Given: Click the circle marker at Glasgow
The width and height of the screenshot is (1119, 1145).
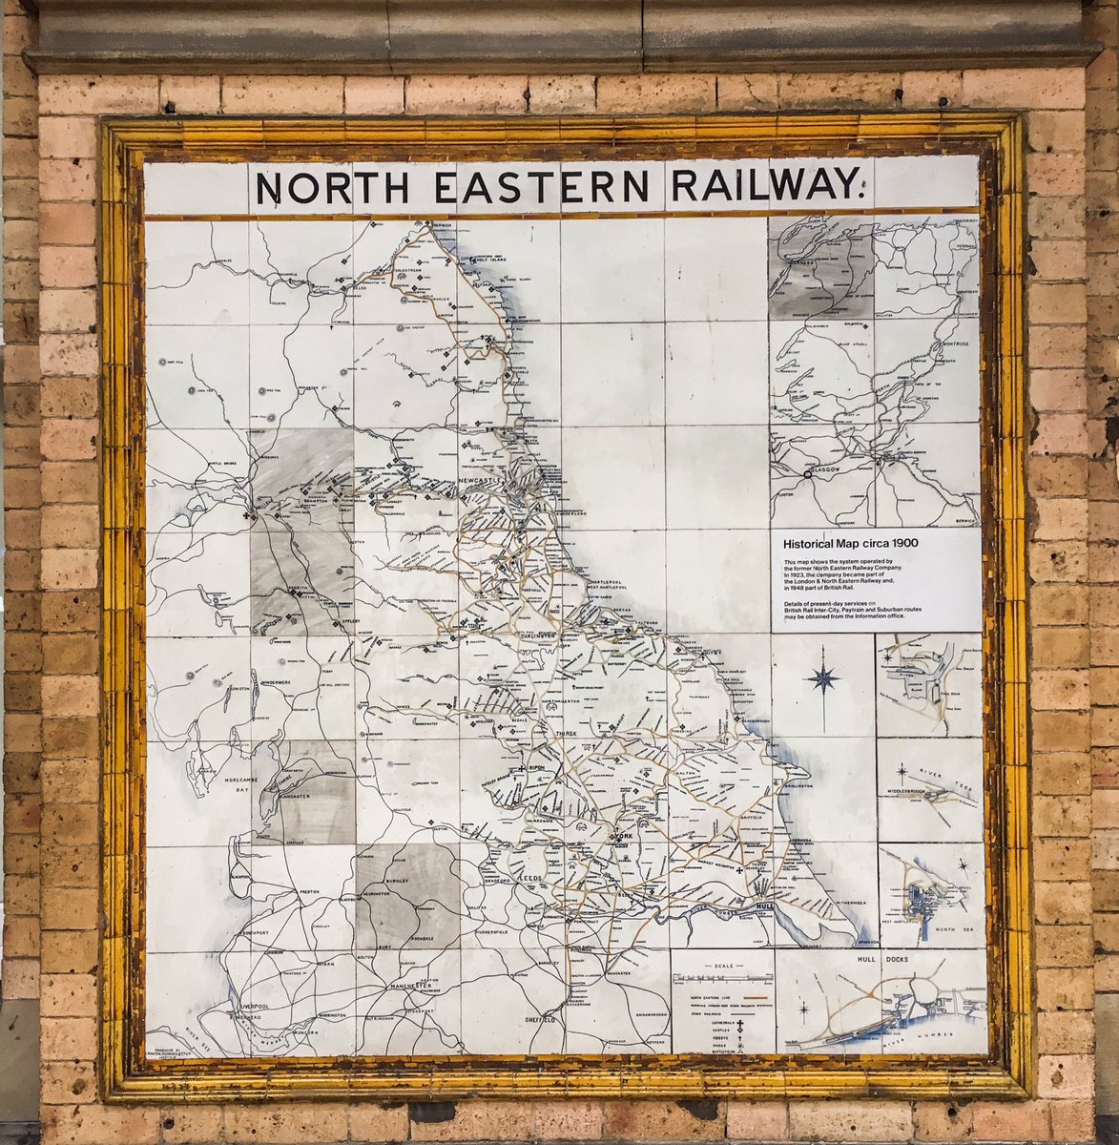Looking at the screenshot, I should [x=806, y=473].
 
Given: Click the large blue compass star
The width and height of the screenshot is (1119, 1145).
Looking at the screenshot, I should [x=822, y=679].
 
